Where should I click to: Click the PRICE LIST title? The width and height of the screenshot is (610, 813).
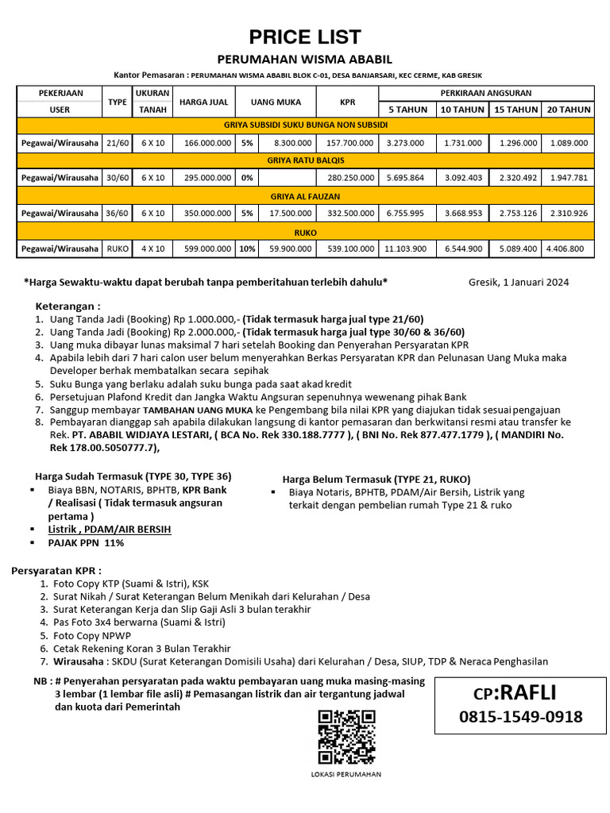pyautogui.click(x=305, y=37)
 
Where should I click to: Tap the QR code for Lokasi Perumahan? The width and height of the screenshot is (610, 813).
pyautogui.click(x=347, y=737)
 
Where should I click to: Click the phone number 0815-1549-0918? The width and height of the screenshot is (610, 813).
pyautogui.click(x=520, y=717)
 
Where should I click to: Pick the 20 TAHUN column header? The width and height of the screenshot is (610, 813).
pyautogui.click(x=568, y=110)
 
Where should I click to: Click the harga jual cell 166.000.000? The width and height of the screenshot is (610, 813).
pyautogui.click(x=207, y=143)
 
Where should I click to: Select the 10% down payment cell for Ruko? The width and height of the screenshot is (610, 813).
pyautogui.click(x=247, y=249)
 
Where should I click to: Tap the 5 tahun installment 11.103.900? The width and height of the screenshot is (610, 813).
pyautogui.click(x=405, y=249)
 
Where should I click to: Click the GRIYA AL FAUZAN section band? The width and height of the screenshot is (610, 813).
pyautogui.click(x=305, y=196)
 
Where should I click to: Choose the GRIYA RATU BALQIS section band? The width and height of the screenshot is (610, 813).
pyautogui.click(x=305, y=160)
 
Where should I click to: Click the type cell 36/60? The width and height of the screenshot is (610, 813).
pyautogui.click(x=118, y=214)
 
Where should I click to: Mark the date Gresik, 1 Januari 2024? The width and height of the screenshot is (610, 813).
pyautogui.click(x=519, y=282)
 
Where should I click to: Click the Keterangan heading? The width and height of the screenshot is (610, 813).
pyautogui.click(x=68, y=306)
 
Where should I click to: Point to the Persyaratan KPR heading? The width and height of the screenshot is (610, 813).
pyautogui.click(x=56, y=571)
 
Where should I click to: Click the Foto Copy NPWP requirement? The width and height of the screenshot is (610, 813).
pyautogui.click(x=92, y=636)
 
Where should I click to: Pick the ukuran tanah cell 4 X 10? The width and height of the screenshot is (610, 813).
pyautogui.click(x=152, y=249)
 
